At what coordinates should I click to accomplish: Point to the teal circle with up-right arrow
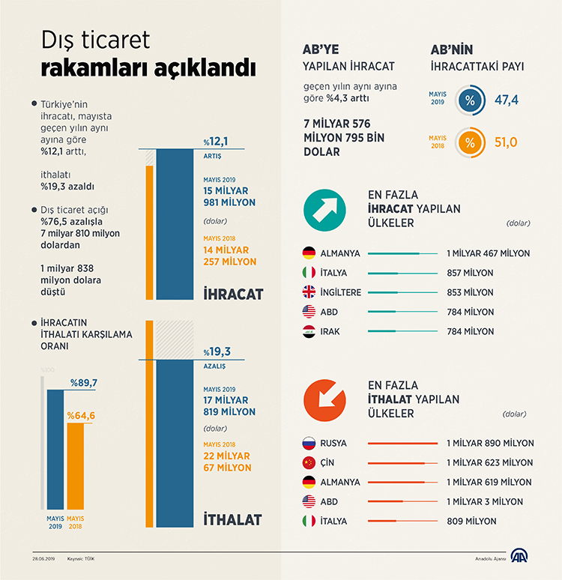(x=325, y=209)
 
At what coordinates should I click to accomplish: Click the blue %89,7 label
(x=84, y=383)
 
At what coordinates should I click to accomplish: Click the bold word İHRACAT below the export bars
(x=234, y=294)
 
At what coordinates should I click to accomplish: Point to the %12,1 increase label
(x=217, y=142)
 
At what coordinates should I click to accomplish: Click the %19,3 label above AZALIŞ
(x=217, y=351)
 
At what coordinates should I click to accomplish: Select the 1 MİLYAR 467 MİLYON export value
(x=487, y=253)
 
